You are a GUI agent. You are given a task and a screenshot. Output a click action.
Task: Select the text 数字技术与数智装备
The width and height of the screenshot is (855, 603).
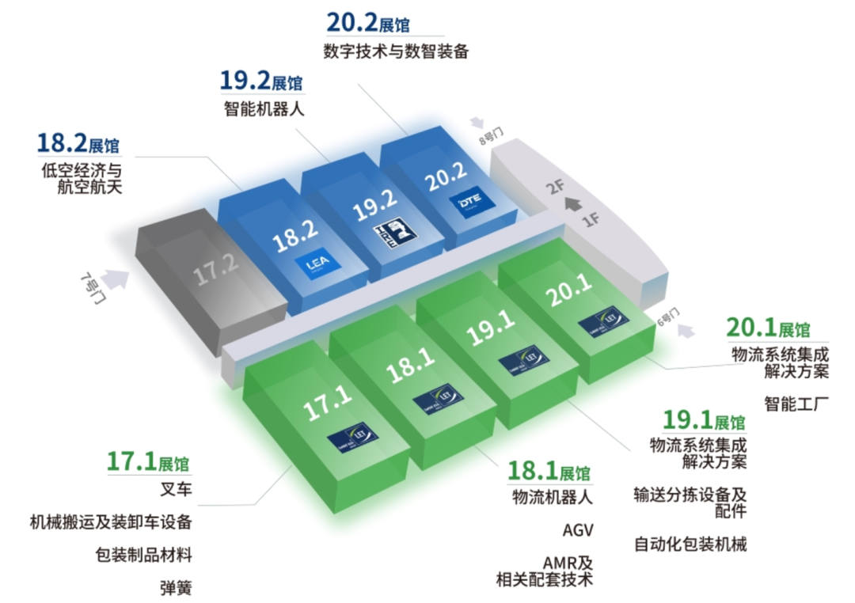(x=396, y=52)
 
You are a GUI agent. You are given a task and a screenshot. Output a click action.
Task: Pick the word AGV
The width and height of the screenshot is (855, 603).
(x=577, y=529)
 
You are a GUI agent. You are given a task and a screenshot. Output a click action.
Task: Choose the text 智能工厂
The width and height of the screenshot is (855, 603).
(x=796, y=404)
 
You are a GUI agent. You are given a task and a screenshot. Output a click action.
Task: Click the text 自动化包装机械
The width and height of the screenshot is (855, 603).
(x=690, y=544)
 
